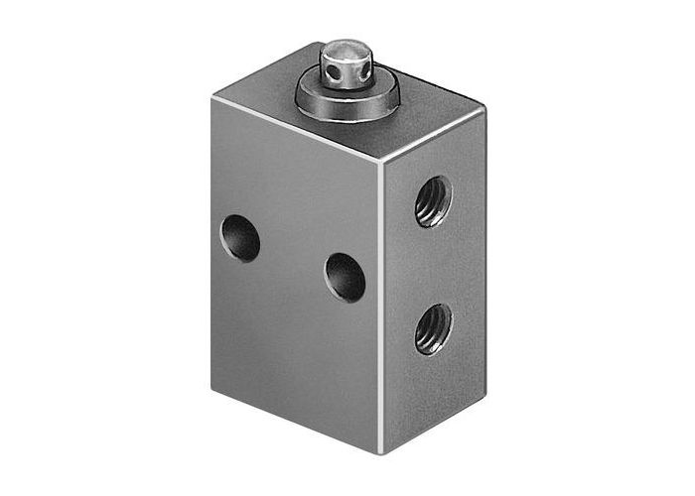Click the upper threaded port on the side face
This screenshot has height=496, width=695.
click(x=433, y=202)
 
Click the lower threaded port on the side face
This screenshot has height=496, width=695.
click(x=433, y=328)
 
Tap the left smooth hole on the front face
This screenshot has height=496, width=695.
click(x=240, y=237)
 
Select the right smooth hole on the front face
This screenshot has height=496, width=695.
click(x=345, y=277)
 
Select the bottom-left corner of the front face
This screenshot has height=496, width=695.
click(x=212, y=388)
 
